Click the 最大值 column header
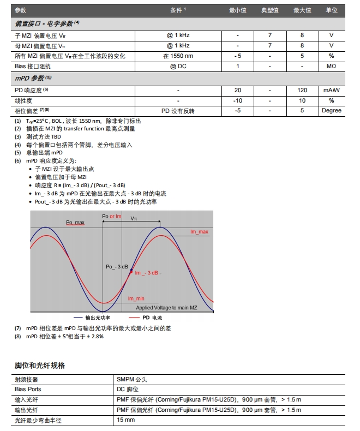(x=302, y=10)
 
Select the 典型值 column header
(x=270, y=10)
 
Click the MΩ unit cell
(x=331, y=66)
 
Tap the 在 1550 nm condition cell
(x=178, y=56)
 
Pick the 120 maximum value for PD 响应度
(x=302, y=90)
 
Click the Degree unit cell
(x=331, y=111)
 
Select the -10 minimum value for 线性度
(x=238, y=100)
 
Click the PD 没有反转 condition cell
(x=178, y=111)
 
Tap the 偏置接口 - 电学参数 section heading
(x=47, y=23)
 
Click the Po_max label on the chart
(x=75, y=223)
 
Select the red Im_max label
(x=199, y=232)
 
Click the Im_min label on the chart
(x=136, y=298)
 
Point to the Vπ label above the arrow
(x=134, y=217)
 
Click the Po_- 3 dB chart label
(x=116, y=267)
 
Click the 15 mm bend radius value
(x=125, y=420)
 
